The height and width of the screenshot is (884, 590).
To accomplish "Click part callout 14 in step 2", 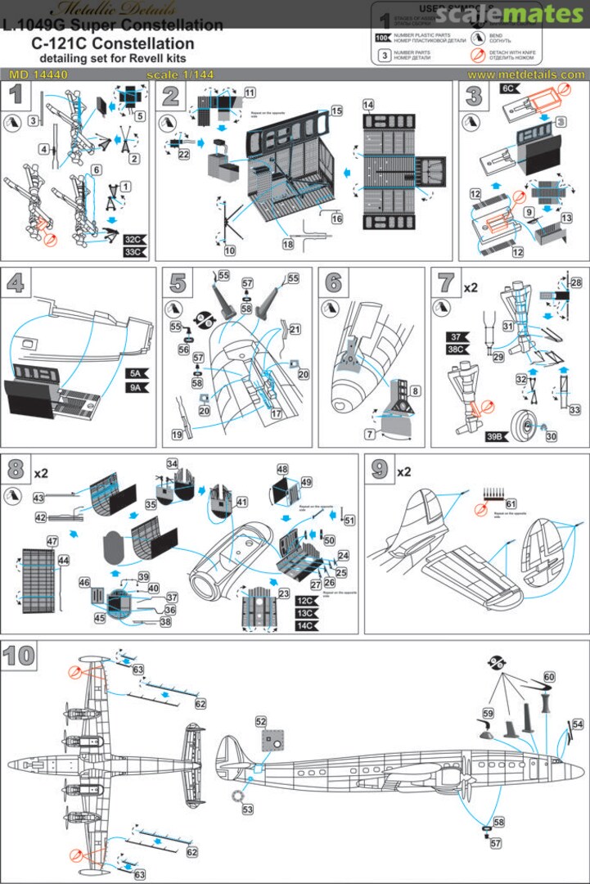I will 368,106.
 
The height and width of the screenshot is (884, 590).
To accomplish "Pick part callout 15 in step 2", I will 336,109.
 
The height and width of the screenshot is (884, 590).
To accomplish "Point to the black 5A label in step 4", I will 137,373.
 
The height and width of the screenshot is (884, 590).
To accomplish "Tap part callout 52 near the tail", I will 261,722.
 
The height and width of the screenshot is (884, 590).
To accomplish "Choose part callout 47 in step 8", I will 29,541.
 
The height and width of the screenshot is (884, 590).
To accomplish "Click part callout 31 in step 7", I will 507,326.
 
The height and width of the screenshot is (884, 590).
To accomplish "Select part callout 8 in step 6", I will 416,394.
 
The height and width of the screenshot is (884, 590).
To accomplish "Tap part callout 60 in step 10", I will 549,677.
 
